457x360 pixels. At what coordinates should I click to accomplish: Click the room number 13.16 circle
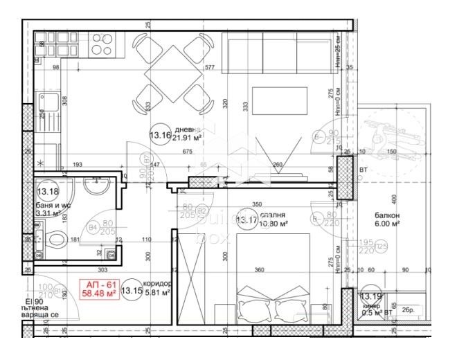tap(160, 136)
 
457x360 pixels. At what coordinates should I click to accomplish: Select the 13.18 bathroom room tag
tap(48, 191)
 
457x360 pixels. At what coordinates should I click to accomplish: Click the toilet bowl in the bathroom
tap(55, 240)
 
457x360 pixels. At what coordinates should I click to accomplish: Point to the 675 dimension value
tap(186, 152)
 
